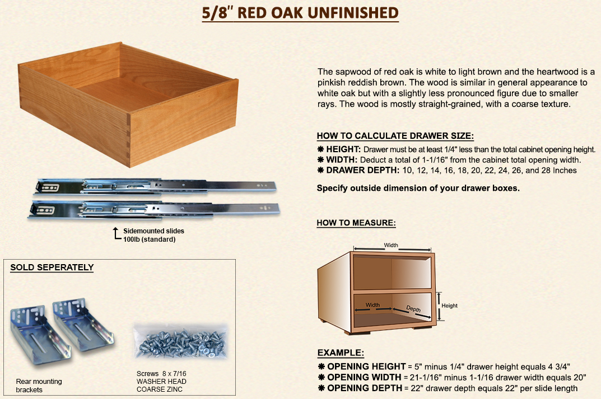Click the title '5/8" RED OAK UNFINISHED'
click(x=300, y=13)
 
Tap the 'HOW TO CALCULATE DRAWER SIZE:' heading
click(x=395, y=136)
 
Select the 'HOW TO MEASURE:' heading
click(x=356, y=223)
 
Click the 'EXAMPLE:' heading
click(x=341, y=353)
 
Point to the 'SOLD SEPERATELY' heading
click(x=52, y=267)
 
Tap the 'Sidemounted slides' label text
click(x=153, y=231)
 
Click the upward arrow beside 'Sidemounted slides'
click(x=116, y=233)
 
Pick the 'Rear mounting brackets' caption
click(x=39, y=386)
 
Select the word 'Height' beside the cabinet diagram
click(x=449, y=306)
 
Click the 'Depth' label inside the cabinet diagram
click(x=413, y=309)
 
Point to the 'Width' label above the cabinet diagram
click(x=391, y=245)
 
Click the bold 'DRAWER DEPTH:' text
click(x=362, y=170)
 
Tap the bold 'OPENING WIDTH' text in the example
click(x=364, y=377)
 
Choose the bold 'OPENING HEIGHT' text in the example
click(x=366, y=367)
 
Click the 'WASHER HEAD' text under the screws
click(x=161, y=382)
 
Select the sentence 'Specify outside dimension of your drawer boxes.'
click(x=418, y=188)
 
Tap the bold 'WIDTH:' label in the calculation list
click(x=342, y=159)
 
